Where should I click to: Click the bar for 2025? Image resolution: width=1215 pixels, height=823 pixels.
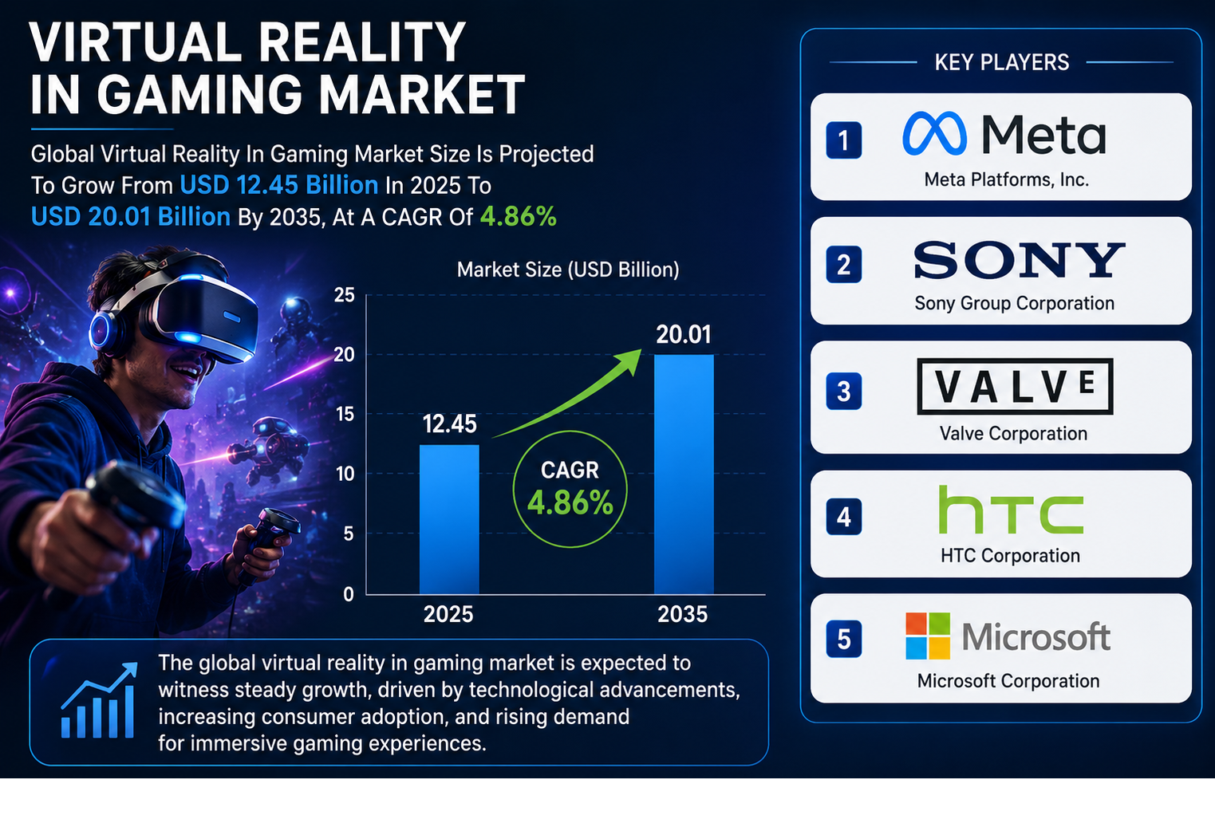(x=449, y=519)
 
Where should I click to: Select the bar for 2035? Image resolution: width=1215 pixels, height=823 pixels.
(x=684, y=475)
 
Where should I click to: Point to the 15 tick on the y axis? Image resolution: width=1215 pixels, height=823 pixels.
(x=345, y=414)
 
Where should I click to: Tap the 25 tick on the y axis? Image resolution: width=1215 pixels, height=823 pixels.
(x=345, y=295)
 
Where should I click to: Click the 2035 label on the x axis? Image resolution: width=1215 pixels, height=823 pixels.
(x=682, y=614)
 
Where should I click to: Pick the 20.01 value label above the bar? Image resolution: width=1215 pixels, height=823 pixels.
(x=684, y=334)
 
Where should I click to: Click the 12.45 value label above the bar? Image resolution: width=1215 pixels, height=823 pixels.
(x=450, y=424)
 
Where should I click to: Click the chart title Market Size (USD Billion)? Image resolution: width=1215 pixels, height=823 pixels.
(x=568, y=270)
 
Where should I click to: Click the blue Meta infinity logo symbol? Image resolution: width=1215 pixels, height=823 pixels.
(x=934, y=133)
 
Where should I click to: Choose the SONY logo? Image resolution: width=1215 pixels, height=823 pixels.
(x=1020, y=260)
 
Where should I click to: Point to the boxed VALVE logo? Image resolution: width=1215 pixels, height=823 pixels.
(x=1015, y=386)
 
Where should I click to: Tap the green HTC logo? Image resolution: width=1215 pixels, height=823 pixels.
(x=1011, y=510)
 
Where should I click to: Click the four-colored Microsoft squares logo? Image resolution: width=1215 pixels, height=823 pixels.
(x=928, y=636)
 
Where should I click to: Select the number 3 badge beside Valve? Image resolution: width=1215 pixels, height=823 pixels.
(x=843, y=391)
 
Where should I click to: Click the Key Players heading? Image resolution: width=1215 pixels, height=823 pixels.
(x=1002, y=62)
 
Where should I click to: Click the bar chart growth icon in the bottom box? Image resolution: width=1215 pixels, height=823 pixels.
(x=98, y=700)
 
